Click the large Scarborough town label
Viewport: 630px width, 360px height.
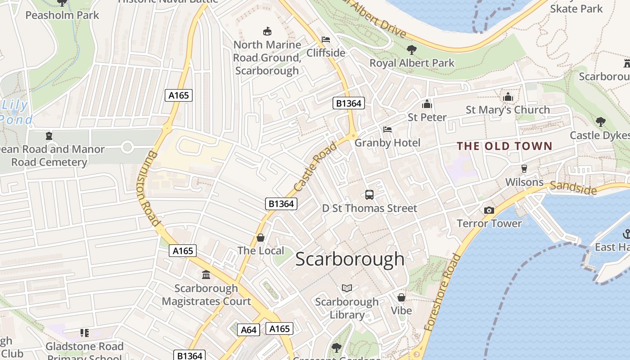[350, 259]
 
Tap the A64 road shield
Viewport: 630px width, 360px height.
[248, 330]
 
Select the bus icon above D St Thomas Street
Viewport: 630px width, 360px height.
[369, 195]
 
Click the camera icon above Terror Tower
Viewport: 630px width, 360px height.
[489, 210]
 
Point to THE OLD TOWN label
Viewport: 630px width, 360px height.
[504, 146]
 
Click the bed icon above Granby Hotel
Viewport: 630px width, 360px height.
[387, 130]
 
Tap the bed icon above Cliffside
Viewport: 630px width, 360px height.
[325, 40]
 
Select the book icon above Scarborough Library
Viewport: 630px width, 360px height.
[346, 288]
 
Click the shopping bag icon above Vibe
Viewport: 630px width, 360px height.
[401, 297]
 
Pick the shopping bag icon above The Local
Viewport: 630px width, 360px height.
[260, 237]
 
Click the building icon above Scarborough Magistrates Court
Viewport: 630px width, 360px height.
[206, 274]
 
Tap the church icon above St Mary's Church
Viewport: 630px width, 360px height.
[508, 97]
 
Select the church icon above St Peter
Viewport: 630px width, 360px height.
[427, 104]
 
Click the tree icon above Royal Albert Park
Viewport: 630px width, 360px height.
[411, 49]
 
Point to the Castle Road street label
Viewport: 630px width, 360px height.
[315, 166]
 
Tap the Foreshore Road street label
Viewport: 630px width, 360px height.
[442, 292]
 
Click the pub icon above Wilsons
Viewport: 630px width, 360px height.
[524, 169]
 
